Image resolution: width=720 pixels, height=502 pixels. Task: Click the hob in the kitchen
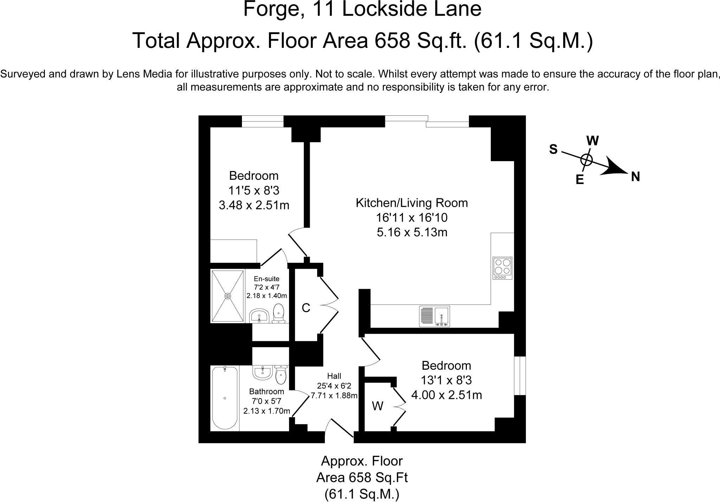(x=502, y=268)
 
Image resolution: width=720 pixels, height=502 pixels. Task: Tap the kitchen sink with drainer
(x=435, y=316)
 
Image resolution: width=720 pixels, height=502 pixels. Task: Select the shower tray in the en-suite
(x=228, y=296)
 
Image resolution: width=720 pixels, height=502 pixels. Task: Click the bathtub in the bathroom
(x=225, y=398)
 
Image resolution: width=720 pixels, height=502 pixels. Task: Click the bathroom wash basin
(x=262, y=372)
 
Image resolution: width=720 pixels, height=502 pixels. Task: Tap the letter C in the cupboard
(x=306, y=308)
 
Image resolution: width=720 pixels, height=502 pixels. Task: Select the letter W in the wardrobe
(x=377, y=406)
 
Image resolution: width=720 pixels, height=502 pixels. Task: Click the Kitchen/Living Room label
(x=412, y=203)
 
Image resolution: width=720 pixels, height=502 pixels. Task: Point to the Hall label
(x=334, y=376)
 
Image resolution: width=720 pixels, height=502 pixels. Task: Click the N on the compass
(x=635, y=177)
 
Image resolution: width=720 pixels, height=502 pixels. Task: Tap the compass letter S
(x=553, y=150)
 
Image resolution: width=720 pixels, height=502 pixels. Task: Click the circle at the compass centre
(x=586, y=160)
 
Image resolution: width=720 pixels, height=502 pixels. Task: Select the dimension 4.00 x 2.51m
(x=446, y=395)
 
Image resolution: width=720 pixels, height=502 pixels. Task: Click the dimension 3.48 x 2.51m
(x=254, y=205)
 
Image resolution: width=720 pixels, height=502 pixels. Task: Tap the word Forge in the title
(x=270, y=9)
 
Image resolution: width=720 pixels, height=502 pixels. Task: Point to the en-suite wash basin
(x=259, y=316)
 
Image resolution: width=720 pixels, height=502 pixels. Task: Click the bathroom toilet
(x=281, y=375)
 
